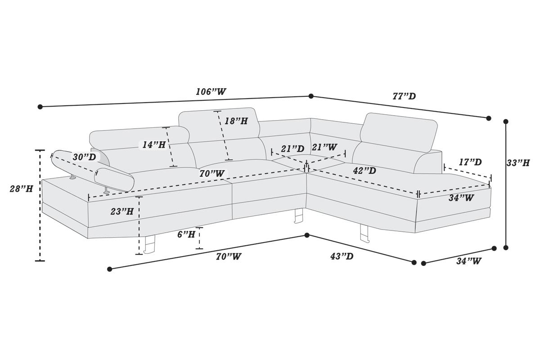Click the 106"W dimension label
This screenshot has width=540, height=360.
[x=211, y=92]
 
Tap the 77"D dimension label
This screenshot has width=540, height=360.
[x=404, y=96]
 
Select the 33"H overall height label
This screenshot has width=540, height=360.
[x=518, y=163]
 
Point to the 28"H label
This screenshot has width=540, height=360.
[x=21, y=189]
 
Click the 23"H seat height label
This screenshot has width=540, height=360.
[x=122, y=211]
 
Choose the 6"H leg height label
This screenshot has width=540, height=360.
[x=186, y=234]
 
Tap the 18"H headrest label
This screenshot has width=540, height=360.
[x=236, y=121]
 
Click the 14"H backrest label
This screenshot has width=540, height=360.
[x=154, y=145]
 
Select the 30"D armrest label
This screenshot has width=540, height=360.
[x=85, y=157]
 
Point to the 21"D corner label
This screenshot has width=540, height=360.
[x=292, y=149]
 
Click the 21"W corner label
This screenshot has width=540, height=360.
[x=324, y=147]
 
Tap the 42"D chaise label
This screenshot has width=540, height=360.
[x=364, y=171]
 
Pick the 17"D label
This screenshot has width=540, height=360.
[x=470, y=162]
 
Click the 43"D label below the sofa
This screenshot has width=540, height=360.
[x=342, y=256]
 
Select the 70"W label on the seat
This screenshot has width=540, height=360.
[x=212, y=173]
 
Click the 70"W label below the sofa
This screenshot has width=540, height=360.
[x=229, y=256]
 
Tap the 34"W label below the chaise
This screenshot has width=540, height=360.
[x=468, y=261]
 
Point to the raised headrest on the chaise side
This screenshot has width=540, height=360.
[x=399, y=132]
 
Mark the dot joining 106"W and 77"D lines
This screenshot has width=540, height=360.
[x=311, y=96]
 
